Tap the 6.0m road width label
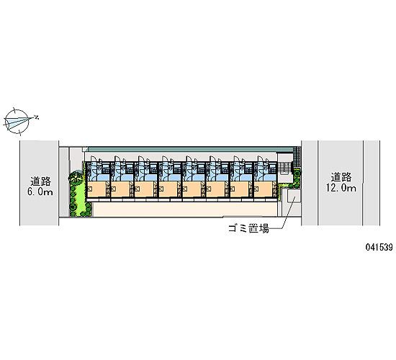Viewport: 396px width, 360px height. click(x=40, y=192)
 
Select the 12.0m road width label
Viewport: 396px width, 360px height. click(x=341, y=188)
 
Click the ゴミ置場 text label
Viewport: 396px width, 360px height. click(x=248, y=228)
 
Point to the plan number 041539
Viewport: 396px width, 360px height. click(x=379, y=247)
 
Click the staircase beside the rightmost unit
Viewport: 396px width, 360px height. click(x=284, y=167)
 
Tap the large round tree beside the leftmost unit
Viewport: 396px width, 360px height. click(x=75, y=178)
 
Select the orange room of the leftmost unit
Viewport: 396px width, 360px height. click(x=96, y=189)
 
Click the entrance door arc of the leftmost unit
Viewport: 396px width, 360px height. click(x=93, y=158)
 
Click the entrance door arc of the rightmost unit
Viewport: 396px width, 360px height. click(x=261, y=158)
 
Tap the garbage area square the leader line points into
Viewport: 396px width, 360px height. click(x=294, y=196)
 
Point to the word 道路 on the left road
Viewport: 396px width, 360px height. click(x=40, y=181)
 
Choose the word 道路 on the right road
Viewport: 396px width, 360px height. click(x=341, y=177)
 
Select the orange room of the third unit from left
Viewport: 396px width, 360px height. click(x=144, y=189)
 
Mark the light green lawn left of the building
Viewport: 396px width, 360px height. click(x=81, y=199)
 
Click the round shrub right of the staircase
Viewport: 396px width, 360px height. click(x=297, y=174)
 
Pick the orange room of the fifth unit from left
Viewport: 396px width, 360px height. click(x=192, y=189)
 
